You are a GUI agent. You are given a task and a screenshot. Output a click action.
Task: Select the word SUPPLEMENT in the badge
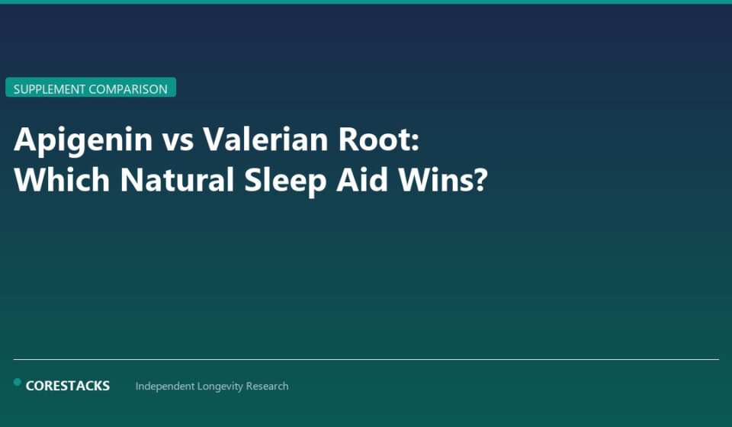(50, 89)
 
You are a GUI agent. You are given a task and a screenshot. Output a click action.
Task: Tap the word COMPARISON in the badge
(128, 89)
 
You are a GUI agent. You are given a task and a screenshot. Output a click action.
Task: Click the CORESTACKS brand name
(68, 386)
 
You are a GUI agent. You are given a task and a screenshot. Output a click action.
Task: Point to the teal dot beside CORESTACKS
(18, 382)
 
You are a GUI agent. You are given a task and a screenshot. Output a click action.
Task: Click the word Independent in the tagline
(165, 387)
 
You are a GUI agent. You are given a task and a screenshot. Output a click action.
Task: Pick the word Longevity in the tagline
(221, 387)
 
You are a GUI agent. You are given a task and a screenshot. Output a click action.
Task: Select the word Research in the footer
(268, 387)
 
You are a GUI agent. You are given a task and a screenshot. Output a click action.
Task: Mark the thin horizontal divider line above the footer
(366, 359)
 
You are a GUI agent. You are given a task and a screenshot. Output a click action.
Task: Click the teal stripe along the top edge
(366, 2)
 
